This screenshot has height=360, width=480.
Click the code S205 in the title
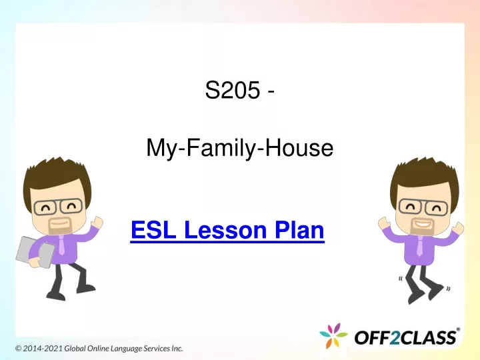233,90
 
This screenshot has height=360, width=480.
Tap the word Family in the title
221,148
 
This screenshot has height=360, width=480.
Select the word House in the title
299,148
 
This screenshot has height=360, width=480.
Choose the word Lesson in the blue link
225,230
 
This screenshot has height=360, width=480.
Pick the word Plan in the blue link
299,230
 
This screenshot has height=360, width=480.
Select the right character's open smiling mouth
422,224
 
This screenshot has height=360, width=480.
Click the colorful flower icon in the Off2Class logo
333,335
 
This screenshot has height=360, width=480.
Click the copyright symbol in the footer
19,349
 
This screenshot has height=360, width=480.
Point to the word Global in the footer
75,349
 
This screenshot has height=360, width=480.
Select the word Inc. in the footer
177,349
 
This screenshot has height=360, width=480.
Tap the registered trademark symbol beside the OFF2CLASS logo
458,329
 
